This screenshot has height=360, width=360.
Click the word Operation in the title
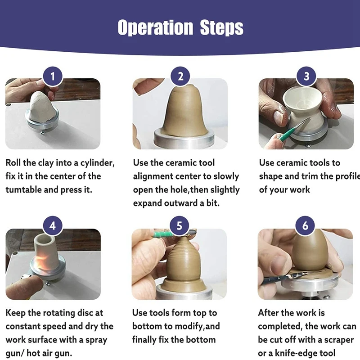click(x=155, y=27)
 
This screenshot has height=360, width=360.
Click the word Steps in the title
click(x=221, y=28)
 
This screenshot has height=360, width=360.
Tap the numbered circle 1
click(x=53, y=76)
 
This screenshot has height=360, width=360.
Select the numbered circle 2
click(x=180, y=76)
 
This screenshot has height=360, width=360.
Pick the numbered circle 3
click(x=306, y=76)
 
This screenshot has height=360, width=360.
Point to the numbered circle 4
click(x=53, y=226)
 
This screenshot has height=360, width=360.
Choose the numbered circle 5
click(x=179, y=226)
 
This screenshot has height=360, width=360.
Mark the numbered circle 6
click(x=306, y=226)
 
